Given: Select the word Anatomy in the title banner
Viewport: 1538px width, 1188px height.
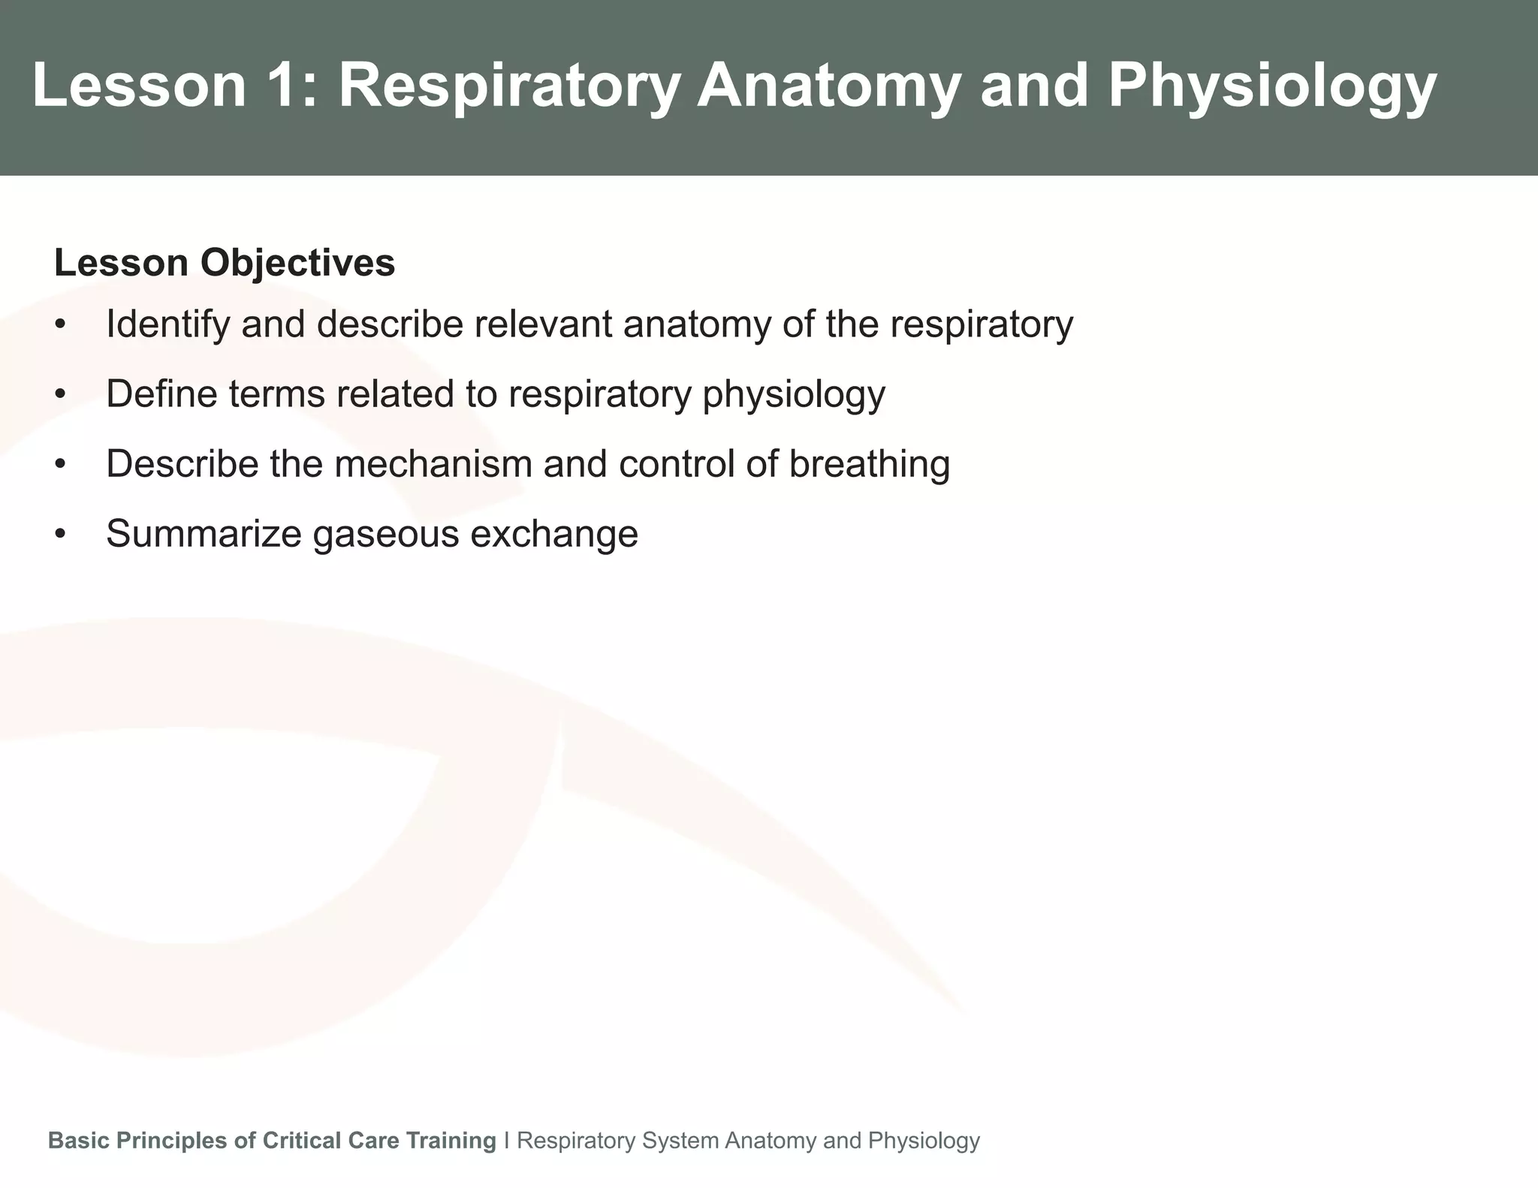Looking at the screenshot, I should pos(828,86).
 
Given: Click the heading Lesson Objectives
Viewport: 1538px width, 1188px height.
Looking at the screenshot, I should pos(225,264).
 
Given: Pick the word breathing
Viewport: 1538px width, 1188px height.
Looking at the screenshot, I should pos(870,464).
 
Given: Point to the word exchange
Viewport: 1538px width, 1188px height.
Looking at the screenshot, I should pos(554,535).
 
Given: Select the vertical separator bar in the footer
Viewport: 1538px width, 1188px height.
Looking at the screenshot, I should pos(507,1141).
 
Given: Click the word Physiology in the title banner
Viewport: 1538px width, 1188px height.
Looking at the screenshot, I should pos(1272,86).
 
